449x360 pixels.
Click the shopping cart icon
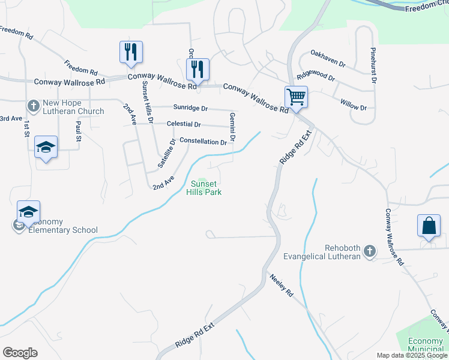(296, 97)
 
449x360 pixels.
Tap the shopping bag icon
(429, 226)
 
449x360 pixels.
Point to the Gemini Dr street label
(231, 128)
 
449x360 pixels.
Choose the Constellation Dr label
(203, 142)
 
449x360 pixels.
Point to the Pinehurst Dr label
(373, 65)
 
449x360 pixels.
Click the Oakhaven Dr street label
(328, 58)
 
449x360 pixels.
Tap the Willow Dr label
(353, 104)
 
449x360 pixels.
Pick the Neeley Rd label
(280, 286)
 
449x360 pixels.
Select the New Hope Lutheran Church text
(73, 107)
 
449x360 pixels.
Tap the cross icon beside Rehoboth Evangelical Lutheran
(370, 250)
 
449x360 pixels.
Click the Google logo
(20, 353)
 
